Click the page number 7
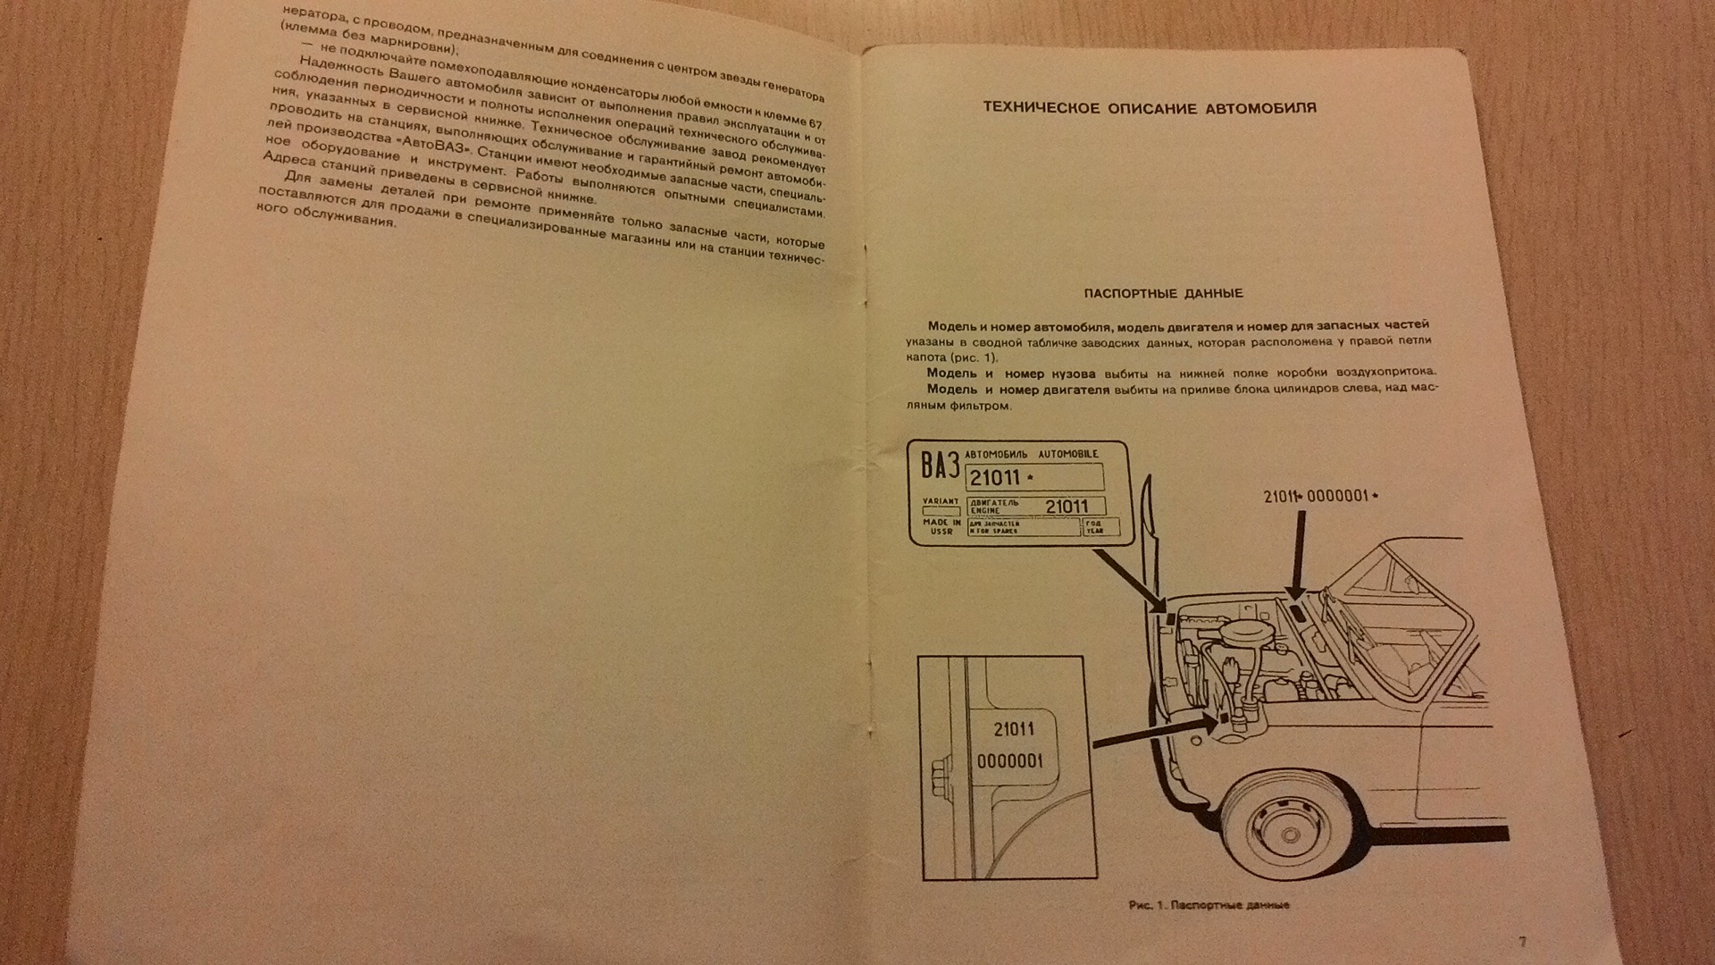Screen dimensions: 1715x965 coord(1522,942)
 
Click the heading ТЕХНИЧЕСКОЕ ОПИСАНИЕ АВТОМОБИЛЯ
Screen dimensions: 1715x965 coord(1150,108)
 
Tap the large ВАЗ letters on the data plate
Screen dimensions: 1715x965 coord(941,466)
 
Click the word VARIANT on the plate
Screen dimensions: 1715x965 coord(940,501)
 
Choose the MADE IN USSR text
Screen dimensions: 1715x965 coord(941,526)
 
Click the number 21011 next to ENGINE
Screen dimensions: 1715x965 coord(1066,506)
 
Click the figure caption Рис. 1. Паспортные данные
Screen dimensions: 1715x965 coord(1209,905)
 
